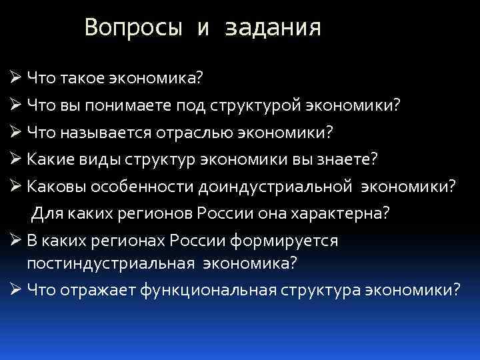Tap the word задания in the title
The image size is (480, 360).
[273, 28]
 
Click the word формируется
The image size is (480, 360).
[284, 241]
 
